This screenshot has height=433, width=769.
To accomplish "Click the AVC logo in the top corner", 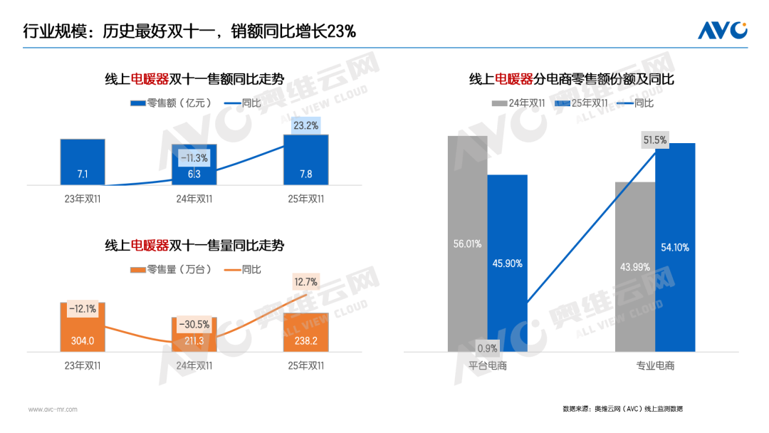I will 722,30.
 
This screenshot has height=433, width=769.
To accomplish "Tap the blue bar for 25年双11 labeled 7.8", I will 306,160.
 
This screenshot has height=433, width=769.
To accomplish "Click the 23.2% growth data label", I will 306,125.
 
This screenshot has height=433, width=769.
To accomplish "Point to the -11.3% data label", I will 194,158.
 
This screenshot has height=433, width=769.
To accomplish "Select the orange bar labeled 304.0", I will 83,327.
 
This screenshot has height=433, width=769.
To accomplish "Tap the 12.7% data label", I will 306,282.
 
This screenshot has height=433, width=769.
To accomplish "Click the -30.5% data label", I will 194,324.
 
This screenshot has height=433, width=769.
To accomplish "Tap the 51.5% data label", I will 655,140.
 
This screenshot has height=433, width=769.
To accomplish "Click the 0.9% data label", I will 487,348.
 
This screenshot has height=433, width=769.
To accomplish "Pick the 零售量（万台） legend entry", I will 171,269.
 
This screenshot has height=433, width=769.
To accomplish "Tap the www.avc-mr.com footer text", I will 53,409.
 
